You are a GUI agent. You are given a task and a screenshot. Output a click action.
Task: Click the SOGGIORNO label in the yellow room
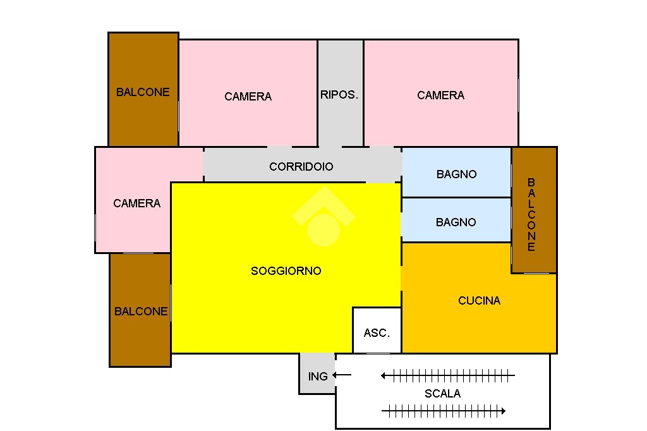[286, 271]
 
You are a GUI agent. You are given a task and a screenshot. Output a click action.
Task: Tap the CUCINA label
[479, 301]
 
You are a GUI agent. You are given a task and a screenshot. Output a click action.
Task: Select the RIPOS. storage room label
[339, 95]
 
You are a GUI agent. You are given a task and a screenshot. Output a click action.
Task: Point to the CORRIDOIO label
[301, 166]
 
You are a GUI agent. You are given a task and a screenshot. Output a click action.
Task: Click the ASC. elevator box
[377, 331]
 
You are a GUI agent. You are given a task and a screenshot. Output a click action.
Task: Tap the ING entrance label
[318, 377]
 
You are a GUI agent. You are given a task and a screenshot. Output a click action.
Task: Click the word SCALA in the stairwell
[442, 394]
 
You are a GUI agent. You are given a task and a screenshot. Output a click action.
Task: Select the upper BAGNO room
[456, 173]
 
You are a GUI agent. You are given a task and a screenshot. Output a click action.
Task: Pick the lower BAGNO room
[456, 220]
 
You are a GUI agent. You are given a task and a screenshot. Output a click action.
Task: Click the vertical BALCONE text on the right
[531, 215]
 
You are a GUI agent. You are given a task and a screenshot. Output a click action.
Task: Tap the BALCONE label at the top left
[143, 92]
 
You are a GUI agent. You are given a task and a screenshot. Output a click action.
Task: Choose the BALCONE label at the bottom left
[141, 312]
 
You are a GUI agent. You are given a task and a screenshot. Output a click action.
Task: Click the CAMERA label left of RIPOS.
[248, 97]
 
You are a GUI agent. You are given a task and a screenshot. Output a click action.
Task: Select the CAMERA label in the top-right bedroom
[440, 95]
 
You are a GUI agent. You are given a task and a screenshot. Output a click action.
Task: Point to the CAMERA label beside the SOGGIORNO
[136, 203]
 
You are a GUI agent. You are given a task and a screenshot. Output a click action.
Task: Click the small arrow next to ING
[342, 375]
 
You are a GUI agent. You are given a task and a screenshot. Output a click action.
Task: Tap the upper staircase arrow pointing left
[448, 375]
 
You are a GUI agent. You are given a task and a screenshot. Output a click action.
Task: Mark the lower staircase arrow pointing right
[444, 411]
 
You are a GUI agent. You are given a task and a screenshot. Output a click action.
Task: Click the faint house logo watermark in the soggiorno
[323, 216]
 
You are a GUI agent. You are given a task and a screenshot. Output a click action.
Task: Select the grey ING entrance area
[317, 373]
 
